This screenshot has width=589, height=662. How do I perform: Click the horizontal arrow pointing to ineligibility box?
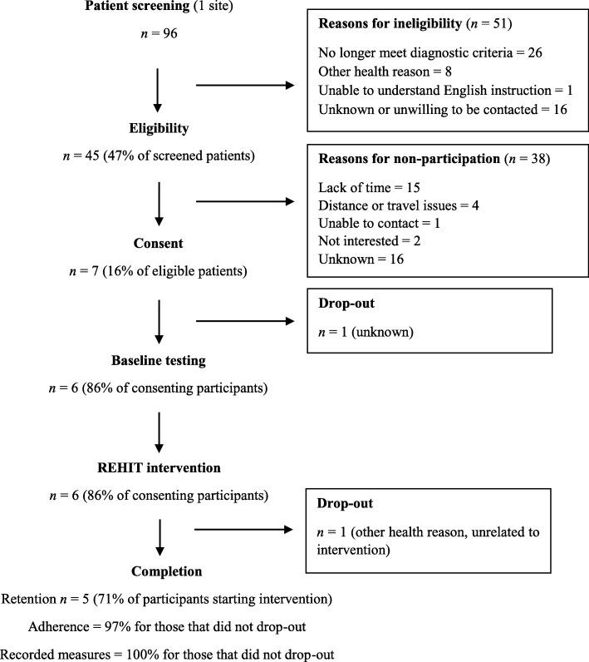245,83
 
